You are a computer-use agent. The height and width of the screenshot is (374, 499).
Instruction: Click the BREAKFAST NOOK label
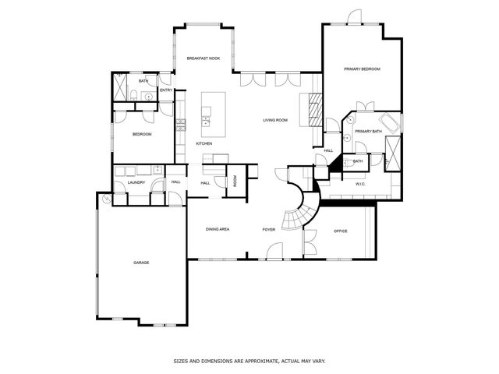click(x=203, y=58)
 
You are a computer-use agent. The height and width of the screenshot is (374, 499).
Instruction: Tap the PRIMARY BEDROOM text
click(x=362, y=69)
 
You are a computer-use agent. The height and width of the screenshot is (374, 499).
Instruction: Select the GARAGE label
click(x=141, y=263)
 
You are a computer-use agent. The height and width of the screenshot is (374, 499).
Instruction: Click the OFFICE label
click(x=340, y=231)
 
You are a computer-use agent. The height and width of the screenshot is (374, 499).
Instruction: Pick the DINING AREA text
click(x=217, y=229)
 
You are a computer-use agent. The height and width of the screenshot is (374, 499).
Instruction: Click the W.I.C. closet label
click(x=361, y=185)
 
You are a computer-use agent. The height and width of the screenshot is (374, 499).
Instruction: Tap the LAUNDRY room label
click(x=136, y=182)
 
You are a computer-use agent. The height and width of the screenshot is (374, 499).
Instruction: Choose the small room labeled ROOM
click(x=235, y=180)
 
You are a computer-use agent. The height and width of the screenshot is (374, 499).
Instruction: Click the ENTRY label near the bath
click(x=165, y=90)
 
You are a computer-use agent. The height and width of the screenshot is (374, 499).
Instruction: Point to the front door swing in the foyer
click(x=274, y=251)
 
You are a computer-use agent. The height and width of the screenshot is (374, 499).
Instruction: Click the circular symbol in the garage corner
click(x=106, y=199)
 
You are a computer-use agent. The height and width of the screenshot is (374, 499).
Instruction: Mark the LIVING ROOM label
click(x=275, y=120)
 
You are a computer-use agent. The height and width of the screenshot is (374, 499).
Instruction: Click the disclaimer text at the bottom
click(x=249, y=361)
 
